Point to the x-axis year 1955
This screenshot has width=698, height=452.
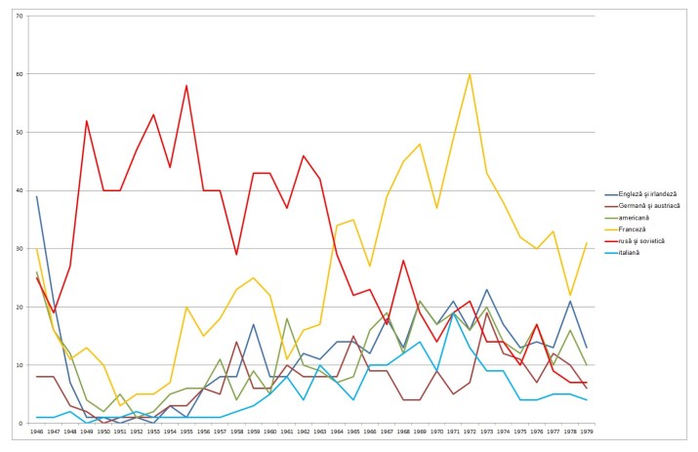(186, 431)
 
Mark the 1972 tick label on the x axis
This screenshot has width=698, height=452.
(469, 431)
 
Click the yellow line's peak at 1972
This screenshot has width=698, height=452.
(469, 74)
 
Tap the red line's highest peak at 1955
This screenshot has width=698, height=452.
(186, 86)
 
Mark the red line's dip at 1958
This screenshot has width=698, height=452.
(236, 255)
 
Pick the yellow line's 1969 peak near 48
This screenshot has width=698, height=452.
(419, 144)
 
